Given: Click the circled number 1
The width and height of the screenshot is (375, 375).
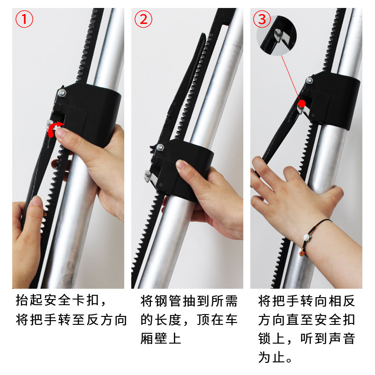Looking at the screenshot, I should tap(25, 20).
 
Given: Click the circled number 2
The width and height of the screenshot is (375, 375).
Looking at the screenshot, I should tap(143, 20).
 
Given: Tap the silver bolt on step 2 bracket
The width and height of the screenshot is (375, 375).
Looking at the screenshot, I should tap(160, 148).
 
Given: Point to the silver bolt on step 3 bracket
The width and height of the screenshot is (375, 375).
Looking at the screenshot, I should tap(309, 81).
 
